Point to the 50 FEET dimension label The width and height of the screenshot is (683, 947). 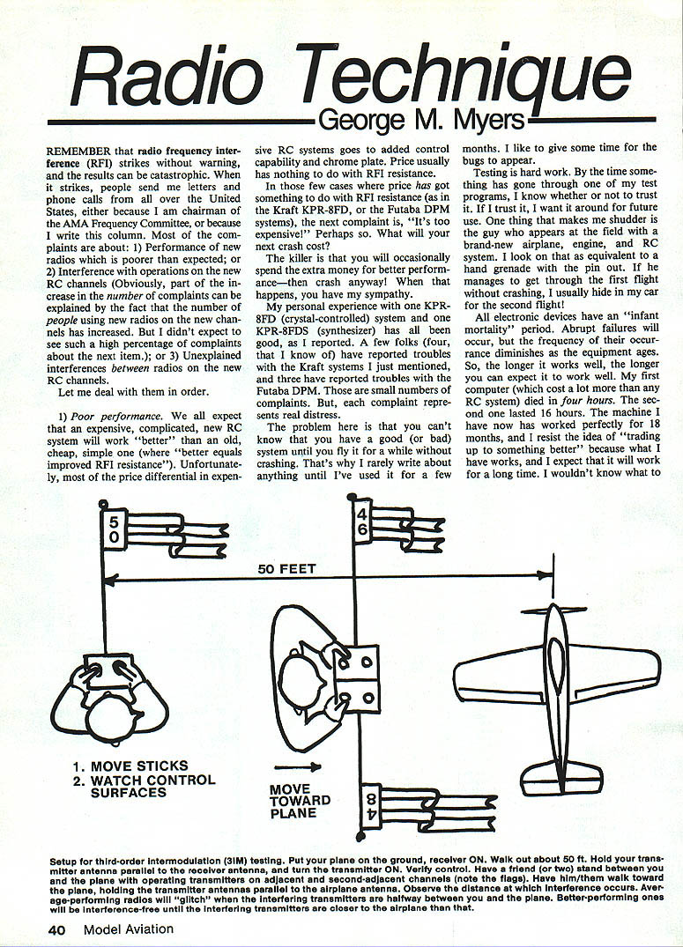[x=286, y=569]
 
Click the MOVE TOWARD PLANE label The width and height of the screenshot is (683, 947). [x=300, y=801]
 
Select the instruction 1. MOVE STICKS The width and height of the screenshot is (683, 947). [x=128, y=766]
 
